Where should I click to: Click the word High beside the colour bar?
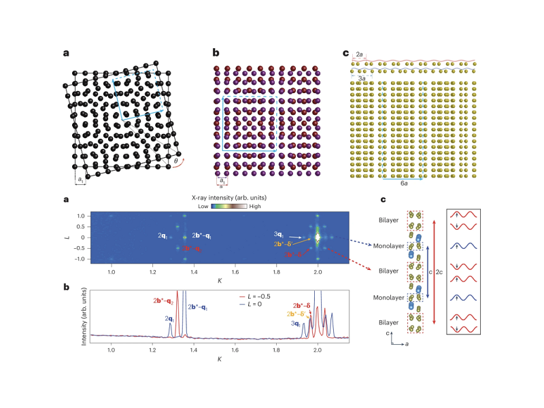click(255, 205)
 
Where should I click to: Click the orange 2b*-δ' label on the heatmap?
click(284, 243)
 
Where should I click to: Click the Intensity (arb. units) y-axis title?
click(85, 313)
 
